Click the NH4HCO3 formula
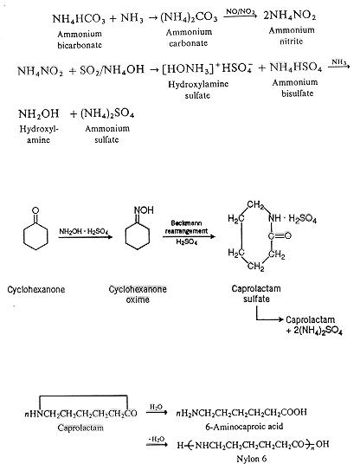click(x=79, y=19)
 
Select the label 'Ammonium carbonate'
click(x=189, y=37)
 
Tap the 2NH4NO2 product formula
click(x=290, y=16)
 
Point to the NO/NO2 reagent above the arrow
click(x=241, y=12)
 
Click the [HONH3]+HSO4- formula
click(x=207, y=69)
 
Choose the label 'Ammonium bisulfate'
click(x=296, y=87)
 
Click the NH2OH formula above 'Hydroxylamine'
click(x=39, y=114)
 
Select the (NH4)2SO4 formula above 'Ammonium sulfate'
click(x=107, y=114)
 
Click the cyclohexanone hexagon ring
click(x=35, y=236)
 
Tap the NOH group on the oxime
click(x=144, y=210)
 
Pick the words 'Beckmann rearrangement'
click(x=186, y=227)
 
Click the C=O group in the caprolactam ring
click(x=280, y=236)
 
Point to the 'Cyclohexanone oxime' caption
click(x=138, y=294)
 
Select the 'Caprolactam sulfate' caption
click(x=256, y=293)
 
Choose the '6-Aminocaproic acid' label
click(x=244, y=426)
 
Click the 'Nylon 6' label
click(x=251, y=459)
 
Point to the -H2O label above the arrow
click(x=156, y=439)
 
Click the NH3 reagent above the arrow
click(x=339, y=62)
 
